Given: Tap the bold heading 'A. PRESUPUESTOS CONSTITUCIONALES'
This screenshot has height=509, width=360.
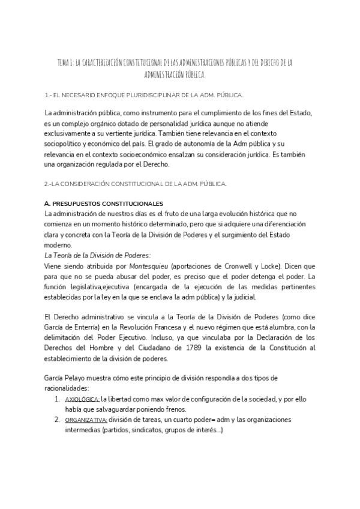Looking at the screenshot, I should point(103,204).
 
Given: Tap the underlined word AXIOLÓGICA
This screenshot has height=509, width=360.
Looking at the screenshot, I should point(82,398).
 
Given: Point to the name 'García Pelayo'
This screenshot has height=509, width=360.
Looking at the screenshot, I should point(66,376).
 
